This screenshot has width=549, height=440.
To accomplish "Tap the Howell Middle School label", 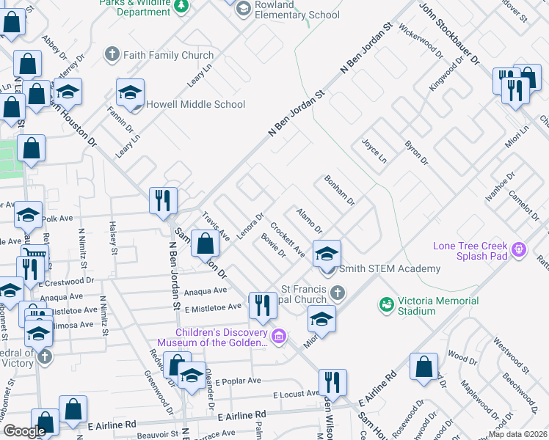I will coord(195,105).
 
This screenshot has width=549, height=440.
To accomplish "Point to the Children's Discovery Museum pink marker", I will coord(278,337).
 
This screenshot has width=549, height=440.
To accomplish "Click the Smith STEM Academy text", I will coord(390,269).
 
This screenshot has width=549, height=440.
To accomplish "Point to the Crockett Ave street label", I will coord(288,240).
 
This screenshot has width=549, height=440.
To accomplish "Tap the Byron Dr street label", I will coord(416,153).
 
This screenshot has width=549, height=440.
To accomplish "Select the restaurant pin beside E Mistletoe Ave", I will coord(262,304).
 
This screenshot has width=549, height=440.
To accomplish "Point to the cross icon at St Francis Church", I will coord(337,293).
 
